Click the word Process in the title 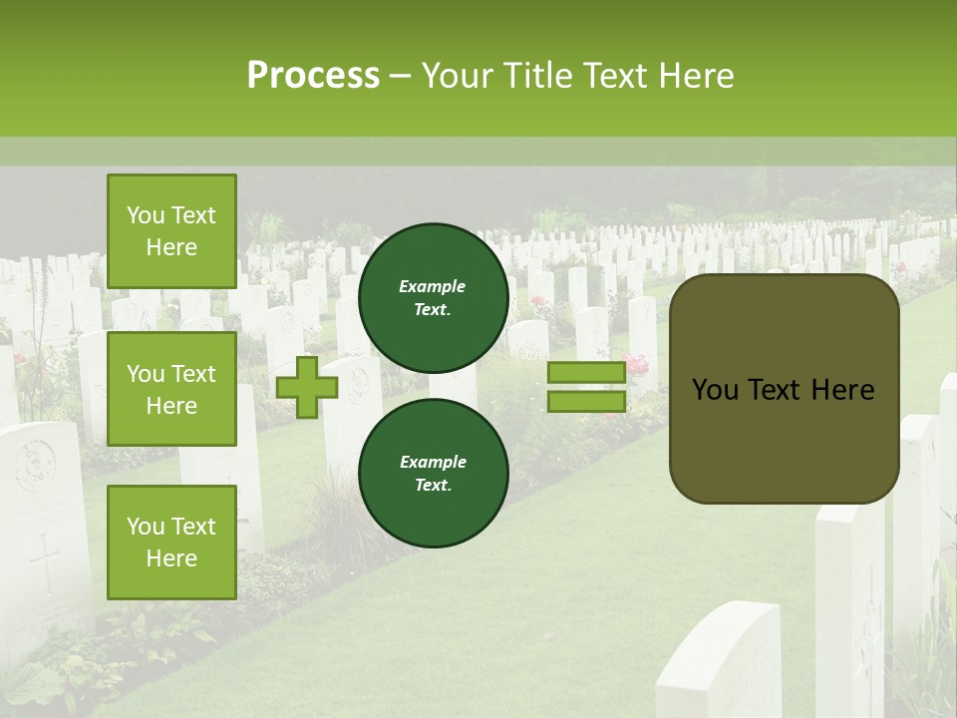313,76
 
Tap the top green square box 171,231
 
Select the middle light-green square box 171,389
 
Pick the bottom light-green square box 171,541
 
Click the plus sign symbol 307,388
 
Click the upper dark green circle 433,297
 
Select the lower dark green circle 433,473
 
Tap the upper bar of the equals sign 586,373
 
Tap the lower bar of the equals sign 586,401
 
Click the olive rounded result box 784,439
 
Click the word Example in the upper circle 433,286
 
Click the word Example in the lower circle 433,462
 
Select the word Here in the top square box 171,247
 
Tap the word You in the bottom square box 146,526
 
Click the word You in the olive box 715,390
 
